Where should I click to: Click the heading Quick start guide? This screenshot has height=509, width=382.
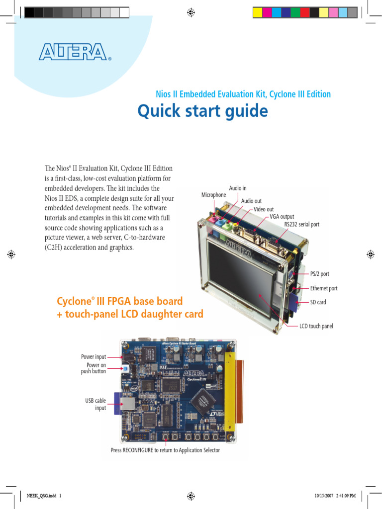[x=202, y=111]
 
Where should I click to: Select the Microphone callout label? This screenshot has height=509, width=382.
[x=213, y=195]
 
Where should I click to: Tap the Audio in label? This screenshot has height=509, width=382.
[x=238, y=188]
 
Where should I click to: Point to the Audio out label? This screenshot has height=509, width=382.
[x=251, y=201]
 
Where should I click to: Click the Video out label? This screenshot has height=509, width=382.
[x=264, y=209]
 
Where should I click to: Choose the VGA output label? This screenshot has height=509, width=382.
[x=282, y=217]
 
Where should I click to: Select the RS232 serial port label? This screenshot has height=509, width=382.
[x=301, y=225]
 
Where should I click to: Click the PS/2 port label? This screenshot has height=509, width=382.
[x=319, y=274]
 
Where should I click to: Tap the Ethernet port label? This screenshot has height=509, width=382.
[x=324, y=288]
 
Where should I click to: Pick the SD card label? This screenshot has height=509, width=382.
[x=318, y=302]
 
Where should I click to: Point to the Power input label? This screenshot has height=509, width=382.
[x=94, y=357]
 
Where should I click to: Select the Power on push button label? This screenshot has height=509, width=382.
[x=94, y=368]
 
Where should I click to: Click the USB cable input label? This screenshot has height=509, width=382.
[x=95, y=404]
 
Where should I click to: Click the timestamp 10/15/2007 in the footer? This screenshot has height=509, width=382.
[x=323, y=496]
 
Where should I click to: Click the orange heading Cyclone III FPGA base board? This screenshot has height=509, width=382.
[x=120, y=301]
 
